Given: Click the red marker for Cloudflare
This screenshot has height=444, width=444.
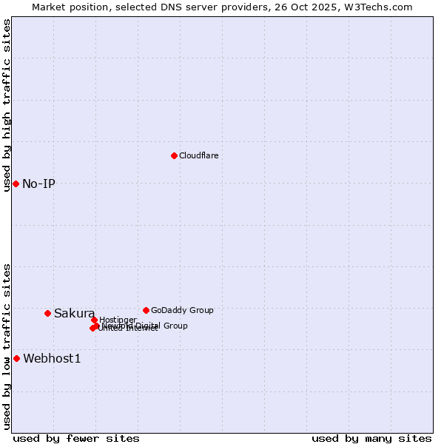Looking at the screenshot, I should click(174, 155).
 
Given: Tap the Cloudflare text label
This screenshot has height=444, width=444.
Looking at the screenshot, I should click(198, 155).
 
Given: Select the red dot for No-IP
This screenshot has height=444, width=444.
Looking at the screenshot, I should click(16, 184).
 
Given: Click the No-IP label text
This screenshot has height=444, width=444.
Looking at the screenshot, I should click(38, 184).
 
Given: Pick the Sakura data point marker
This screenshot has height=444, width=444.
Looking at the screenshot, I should click(47, 313).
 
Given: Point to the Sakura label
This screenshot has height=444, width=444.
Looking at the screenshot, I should click(74, 313).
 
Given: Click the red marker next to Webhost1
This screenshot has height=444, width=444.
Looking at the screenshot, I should click(16, 358).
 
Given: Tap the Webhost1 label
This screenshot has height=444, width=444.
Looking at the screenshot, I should click(52, 359).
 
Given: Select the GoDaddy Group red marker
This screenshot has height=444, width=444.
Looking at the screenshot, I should click(146, 310).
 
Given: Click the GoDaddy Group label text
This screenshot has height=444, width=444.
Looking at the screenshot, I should click(182, 310).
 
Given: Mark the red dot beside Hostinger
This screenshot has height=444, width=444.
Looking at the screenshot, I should click(94, 320).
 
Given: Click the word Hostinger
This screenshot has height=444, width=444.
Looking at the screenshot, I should click(118, 320).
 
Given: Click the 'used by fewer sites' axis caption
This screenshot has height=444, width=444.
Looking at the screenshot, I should click(76, 438).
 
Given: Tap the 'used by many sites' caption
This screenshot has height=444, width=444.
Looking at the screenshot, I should click(371, 438).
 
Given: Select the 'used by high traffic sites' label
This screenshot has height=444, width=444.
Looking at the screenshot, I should click(7, 105).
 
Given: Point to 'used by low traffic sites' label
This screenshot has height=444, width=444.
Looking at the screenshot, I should click(7, 346).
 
